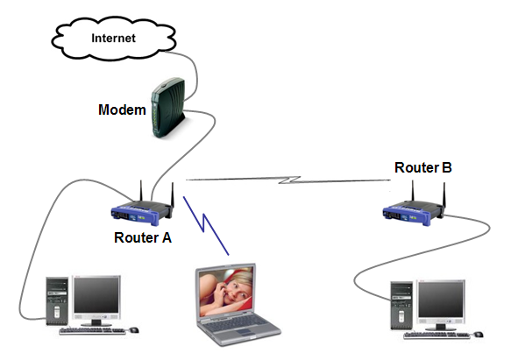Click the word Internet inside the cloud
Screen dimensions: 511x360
tap(113, 39)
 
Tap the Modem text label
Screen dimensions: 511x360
tap(122, 109)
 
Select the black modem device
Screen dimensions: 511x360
tap(167, 108)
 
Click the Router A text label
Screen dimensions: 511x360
tap(143, 237)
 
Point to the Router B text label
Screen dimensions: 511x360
tap(423, 167)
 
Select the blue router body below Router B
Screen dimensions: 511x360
tap(413, 213)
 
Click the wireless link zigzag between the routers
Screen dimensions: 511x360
tap(288, 180)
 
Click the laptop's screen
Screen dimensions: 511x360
tap(226, 292)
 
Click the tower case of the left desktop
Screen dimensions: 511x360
tap(57, 300)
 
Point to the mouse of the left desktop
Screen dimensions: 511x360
tap(134, 330)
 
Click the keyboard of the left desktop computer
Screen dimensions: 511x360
tap(93, 331)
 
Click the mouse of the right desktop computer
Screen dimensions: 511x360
tap(479, 335)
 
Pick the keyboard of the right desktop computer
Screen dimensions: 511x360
tap(437, 335)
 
